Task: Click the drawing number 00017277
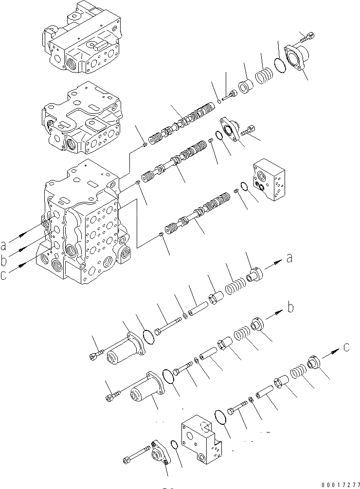(x=336, y=483)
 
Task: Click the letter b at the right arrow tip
(x=290, y=307)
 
